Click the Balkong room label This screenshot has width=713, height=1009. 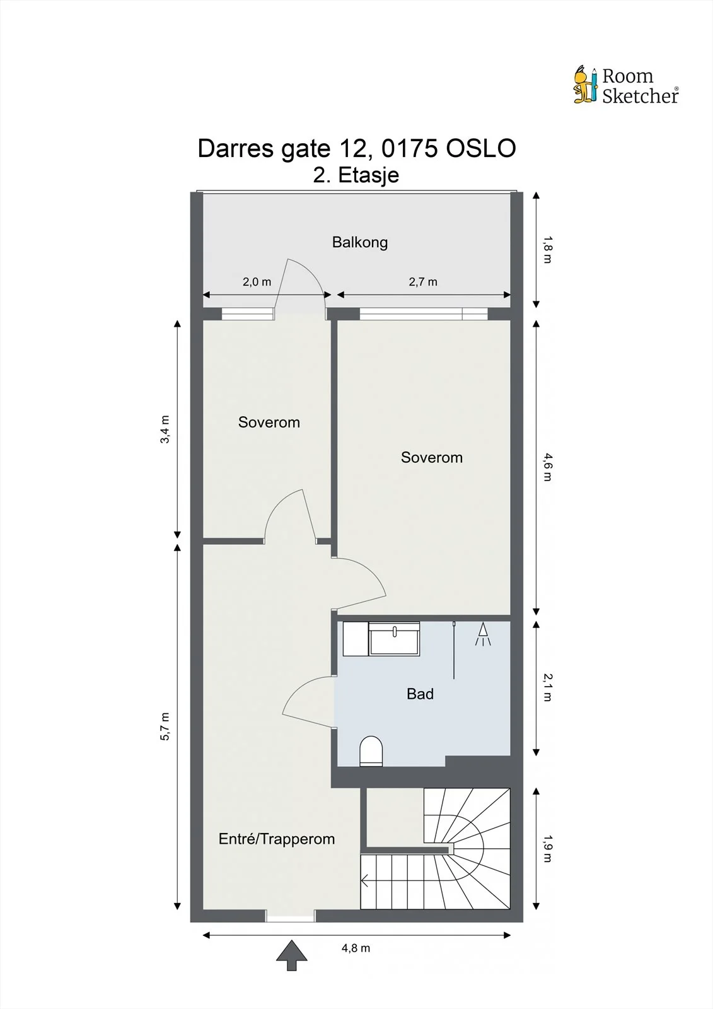[x=359, y=242]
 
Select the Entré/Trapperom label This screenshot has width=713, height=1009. [x=277, y=838]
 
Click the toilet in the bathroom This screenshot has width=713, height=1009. [x=371, y=751]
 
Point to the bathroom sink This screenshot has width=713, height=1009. [x=394, y=639]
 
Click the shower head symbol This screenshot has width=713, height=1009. [x=483, y=634]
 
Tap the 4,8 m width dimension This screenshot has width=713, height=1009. [x=356, y=948]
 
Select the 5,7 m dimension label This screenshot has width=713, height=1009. [x=165, y=726]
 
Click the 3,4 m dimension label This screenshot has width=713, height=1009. [x=165, y=429]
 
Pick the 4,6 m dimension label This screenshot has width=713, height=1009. [x=547, y=467]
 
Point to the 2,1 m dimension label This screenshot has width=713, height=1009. [x=547, y=687]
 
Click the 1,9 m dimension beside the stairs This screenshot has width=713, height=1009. [x=547, y=849]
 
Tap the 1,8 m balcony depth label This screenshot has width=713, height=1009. [x=547, y=250]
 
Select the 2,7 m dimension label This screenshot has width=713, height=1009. [x=423, y=282]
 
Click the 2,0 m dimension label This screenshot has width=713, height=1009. [x=257, y=282]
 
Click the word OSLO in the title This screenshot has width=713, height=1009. [x=481, y=148]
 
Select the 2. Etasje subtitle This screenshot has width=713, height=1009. [x=356, y=175]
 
